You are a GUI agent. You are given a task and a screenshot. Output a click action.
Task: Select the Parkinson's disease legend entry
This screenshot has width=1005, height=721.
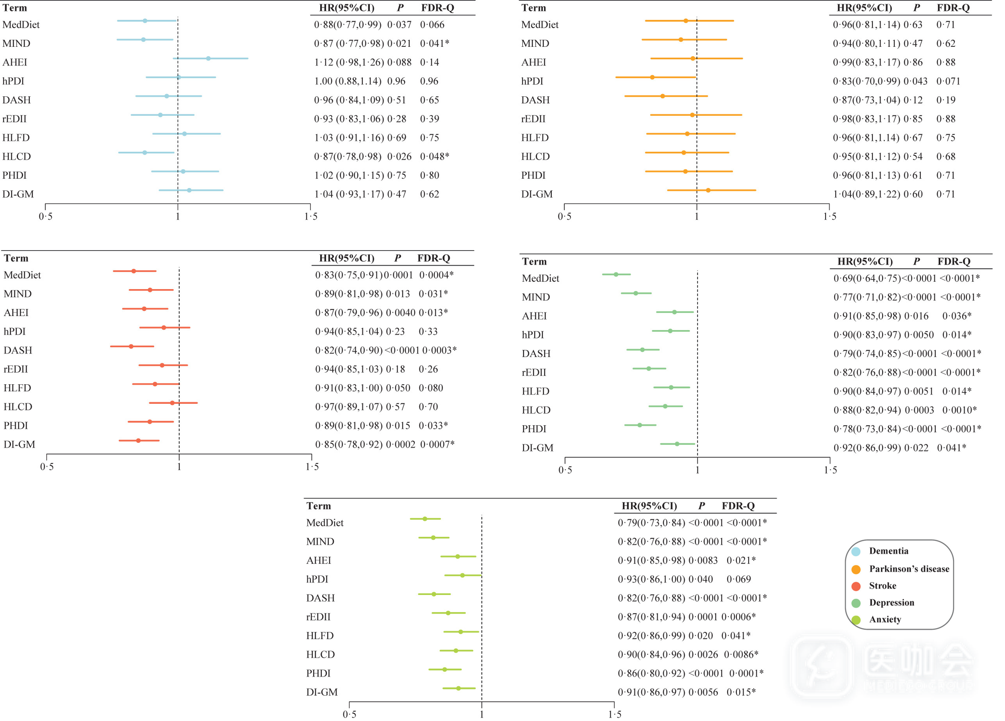tap(909, 569)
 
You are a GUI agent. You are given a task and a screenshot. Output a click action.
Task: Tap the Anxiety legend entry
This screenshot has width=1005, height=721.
tap(885, 619)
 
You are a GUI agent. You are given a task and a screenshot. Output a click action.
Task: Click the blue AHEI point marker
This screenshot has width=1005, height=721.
tap(208, 59)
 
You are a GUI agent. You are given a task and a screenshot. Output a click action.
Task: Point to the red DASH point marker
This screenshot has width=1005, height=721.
tap(131, 346)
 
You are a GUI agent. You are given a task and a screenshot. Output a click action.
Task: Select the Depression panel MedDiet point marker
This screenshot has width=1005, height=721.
tap(616, 274)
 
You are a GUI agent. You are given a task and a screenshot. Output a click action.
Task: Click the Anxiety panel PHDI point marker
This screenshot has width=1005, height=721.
tap(445, 670)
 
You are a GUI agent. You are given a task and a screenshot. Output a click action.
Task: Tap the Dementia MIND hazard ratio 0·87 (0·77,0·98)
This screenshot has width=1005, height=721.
tap(349, 44)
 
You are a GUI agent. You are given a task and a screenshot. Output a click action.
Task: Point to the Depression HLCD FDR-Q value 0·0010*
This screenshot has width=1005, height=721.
tap(959, 410)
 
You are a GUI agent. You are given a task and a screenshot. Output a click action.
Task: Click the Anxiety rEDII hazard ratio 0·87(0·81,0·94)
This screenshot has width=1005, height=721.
tap(651, 617)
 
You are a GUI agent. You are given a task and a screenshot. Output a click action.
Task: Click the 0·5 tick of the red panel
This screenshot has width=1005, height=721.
tap(46, 467)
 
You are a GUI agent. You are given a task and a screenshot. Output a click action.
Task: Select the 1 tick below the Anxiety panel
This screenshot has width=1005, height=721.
tap(482, 714)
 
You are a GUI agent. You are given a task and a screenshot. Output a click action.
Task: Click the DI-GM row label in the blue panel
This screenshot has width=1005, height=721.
tap(18, 194)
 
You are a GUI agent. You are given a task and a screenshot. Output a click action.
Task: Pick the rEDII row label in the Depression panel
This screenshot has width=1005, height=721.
tap(534, 372)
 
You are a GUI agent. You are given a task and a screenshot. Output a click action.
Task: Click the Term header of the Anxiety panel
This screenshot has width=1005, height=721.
tap(319, 506)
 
